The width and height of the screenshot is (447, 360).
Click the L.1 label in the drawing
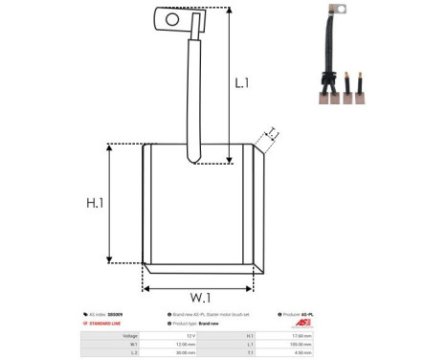[241, 83]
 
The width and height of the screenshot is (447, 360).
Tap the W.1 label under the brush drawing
[199, 296]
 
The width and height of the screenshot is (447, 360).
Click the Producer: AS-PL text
[304, 314]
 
